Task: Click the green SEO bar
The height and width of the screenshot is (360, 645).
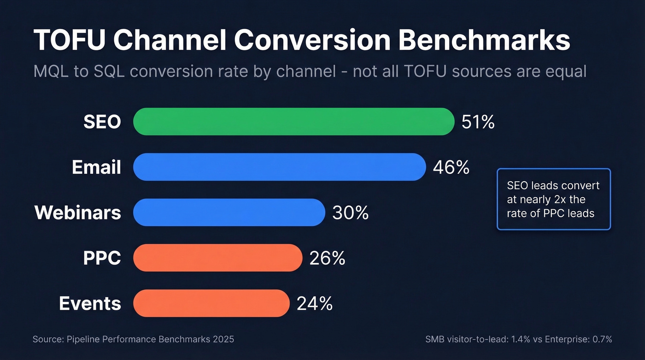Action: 294,122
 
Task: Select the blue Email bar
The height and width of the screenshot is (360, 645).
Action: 279,167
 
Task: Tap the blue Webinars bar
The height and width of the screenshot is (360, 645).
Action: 229,212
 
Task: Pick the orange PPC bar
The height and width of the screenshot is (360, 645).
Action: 217,258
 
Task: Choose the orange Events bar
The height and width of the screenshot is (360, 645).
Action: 211,303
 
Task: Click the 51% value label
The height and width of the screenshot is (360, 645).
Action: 478,122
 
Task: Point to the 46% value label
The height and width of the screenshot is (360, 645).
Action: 451,167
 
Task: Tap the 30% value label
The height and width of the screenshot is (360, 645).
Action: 350,213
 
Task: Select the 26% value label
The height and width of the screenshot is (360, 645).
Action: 327,258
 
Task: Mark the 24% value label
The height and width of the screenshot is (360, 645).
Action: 315,304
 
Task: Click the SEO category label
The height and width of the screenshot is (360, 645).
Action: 102,122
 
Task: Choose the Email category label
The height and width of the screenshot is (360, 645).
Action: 96,167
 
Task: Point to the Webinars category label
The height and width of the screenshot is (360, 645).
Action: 78,212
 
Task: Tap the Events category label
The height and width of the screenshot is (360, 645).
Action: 90,304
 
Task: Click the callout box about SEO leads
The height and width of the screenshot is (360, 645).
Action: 553,199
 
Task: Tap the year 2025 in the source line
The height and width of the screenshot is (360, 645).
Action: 224,340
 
